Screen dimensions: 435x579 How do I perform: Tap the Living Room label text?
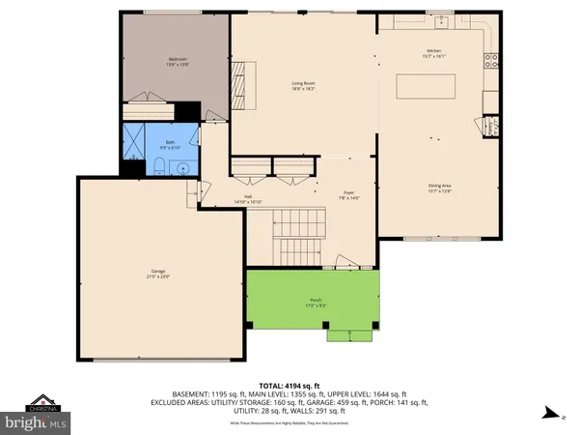tap(304, 86)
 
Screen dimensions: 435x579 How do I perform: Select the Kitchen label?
tap(433, 52)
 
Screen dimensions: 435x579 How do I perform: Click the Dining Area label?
tap(440, 188)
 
